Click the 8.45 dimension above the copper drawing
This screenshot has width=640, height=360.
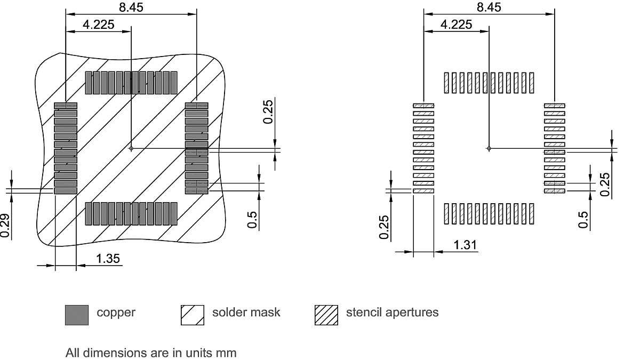coord(131,7)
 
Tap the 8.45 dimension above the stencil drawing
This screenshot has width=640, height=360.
coord(489,7)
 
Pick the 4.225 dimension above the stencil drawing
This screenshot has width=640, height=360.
coord(456,25)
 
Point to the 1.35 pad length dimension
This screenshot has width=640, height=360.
coord(108,259)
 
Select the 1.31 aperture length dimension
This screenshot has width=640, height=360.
coord(466,245)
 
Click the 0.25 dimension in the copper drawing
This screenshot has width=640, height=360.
coord(269,111)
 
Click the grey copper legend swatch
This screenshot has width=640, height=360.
coord(76,315)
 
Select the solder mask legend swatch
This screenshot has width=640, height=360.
coord(193,315)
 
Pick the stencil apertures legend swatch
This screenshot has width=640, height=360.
coord(326,315)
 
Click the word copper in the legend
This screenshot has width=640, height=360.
coord(116,313)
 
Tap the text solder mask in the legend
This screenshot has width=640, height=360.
coord(246,313)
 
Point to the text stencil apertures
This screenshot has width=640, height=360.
coord(392,313)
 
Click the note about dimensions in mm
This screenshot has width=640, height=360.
coord(151,353)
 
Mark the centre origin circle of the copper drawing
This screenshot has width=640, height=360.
coord(131,148)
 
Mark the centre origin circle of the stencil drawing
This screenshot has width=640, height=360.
coord(489,148)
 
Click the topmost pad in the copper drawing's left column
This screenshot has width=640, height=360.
coord(66,106)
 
